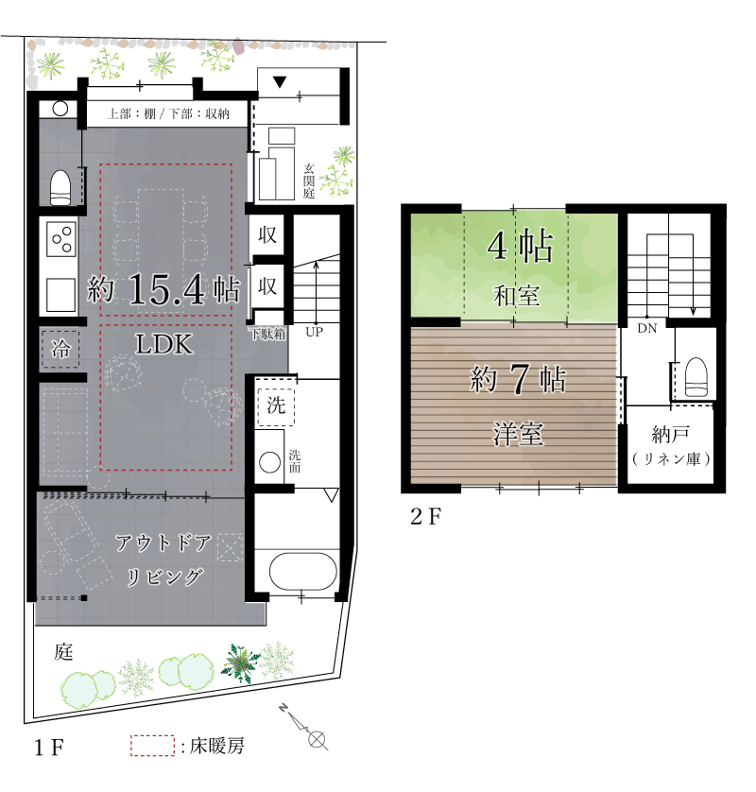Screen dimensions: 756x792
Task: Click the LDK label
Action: click(x=164, y=344)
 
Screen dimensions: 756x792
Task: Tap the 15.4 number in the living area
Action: click(x=167, y=289)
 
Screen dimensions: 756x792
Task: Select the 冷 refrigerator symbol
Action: click(x=60, y=349)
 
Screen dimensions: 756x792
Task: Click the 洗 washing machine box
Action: click(x=276, y=406)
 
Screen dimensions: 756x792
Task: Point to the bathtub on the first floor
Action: click(x=303, y=571)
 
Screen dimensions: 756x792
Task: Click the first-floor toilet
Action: click(x=60, y=187)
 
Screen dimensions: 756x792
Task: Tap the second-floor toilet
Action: click(x=696, y=377)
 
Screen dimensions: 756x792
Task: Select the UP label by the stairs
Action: click(x=314, y=333)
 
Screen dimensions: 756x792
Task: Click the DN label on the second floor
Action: click(x=647, y=328)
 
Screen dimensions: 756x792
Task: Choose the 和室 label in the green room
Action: click(x=516, y=296)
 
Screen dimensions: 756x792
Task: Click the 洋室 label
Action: click(x=518, y=434)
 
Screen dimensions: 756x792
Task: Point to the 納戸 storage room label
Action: click(x=671, y=434)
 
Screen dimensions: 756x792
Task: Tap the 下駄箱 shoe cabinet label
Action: click(x=268, y=334)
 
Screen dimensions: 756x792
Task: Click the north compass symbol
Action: click(x=304, y=726)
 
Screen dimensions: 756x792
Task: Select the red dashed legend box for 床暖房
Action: click(x=152, y=746)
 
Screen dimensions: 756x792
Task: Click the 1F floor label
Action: click(x=49, y=748)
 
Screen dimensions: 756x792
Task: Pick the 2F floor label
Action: click(x=426, y=517)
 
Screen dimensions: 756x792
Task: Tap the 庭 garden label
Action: click(x=63, y=652)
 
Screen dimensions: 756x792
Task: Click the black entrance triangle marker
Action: click(x=280, y=82)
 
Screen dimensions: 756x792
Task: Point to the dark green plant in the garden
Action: click(x=240, y=663)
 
